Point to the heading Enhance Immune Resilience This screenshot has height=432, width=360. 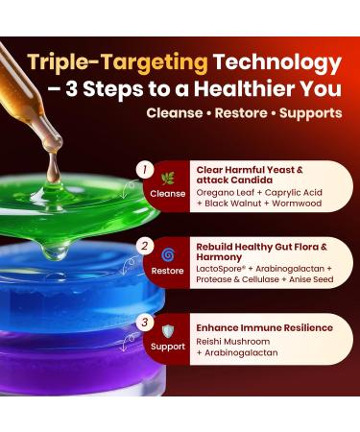(x=260, y=328)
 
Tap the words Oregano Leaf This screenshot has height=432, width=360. (x=222, y=191)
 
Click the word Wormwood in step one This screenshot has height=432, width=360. (x=306, y=204)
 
